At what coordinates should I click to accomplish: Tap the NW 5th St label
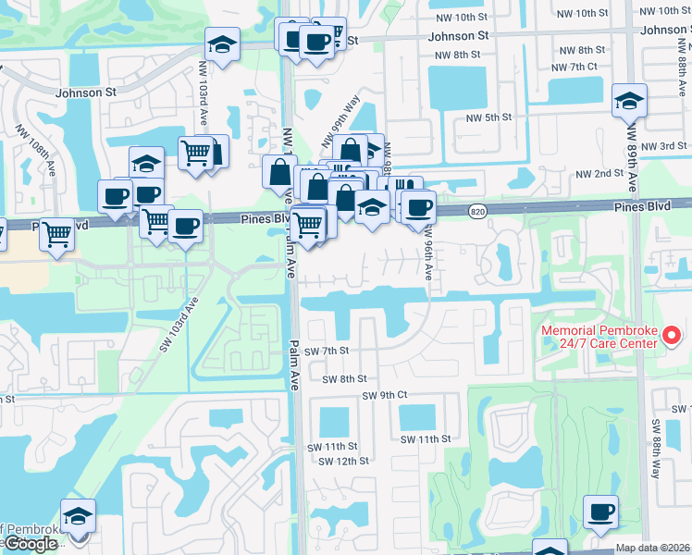[x=488, y=117]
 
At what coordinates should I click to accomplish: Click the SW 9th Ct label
[x=385, y=395]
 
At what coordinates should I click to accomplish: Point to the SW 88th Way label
[x=656, y=449]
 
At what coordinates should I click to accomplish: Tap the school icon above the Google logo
[x=78, y=515]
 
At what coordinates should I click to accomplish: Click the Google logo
[x=30, y=544]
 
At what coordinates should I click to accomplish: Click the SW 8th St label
[x=344, y=379]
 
